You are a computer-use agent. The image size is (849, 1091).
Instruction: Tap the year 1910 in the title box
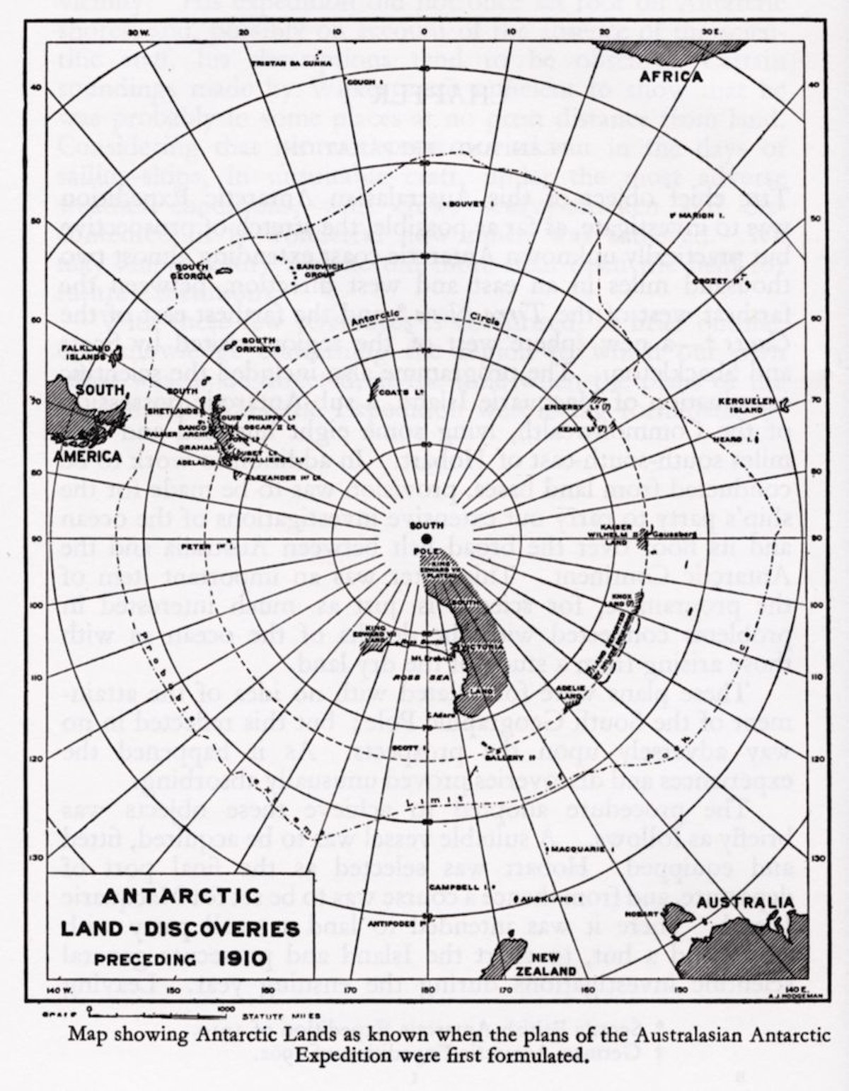[x=243, y=959]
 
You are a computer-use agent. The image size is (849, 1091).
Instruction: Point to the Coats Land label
[x=392, y=392]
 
